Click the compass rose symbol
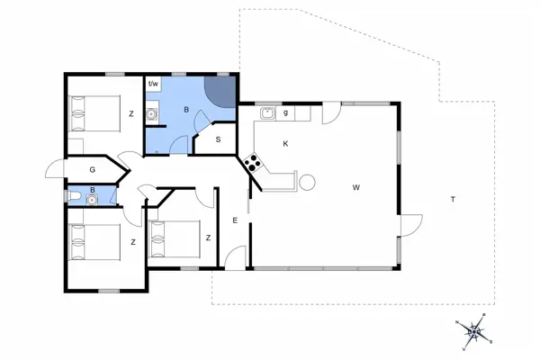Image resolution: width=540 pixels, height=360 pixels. (473, 332)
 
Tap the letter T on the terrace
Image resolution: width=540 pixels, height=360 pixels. (452, 200)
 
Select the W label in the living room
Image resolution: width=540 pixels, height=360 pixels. (356, 187)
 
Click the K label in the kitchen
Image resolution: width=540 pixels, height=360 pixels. (285, 144)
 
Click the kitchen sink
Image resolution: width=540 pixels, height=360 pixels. (267, 113)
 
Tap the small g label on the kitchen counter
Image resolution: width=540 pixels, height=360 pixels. (285, 113)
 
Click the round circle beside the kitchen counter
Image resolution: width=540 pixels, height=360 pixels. (307, 183)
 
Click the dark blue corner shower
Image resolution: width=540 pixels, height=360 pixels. (220, 91)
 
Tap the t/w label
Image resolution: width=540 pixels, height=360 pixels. (153, 85)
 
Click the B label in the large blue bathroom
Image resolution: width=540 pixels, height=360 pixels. (186, 110)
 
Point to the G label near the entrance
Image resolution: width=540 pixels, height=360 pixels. (92, 168)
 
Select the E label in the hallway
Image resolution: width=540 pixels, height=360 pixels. (234, 220)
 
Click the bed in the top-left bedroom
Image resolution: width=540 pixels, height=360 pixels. (94, 113)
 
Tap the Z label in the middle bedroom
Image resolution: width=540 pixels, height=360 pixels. (208, 238)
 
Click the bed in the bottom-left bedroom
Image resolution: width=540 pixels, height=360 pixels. (94, 241)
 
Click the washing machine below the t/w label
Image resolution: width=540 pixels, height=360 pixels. (154, 114)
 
